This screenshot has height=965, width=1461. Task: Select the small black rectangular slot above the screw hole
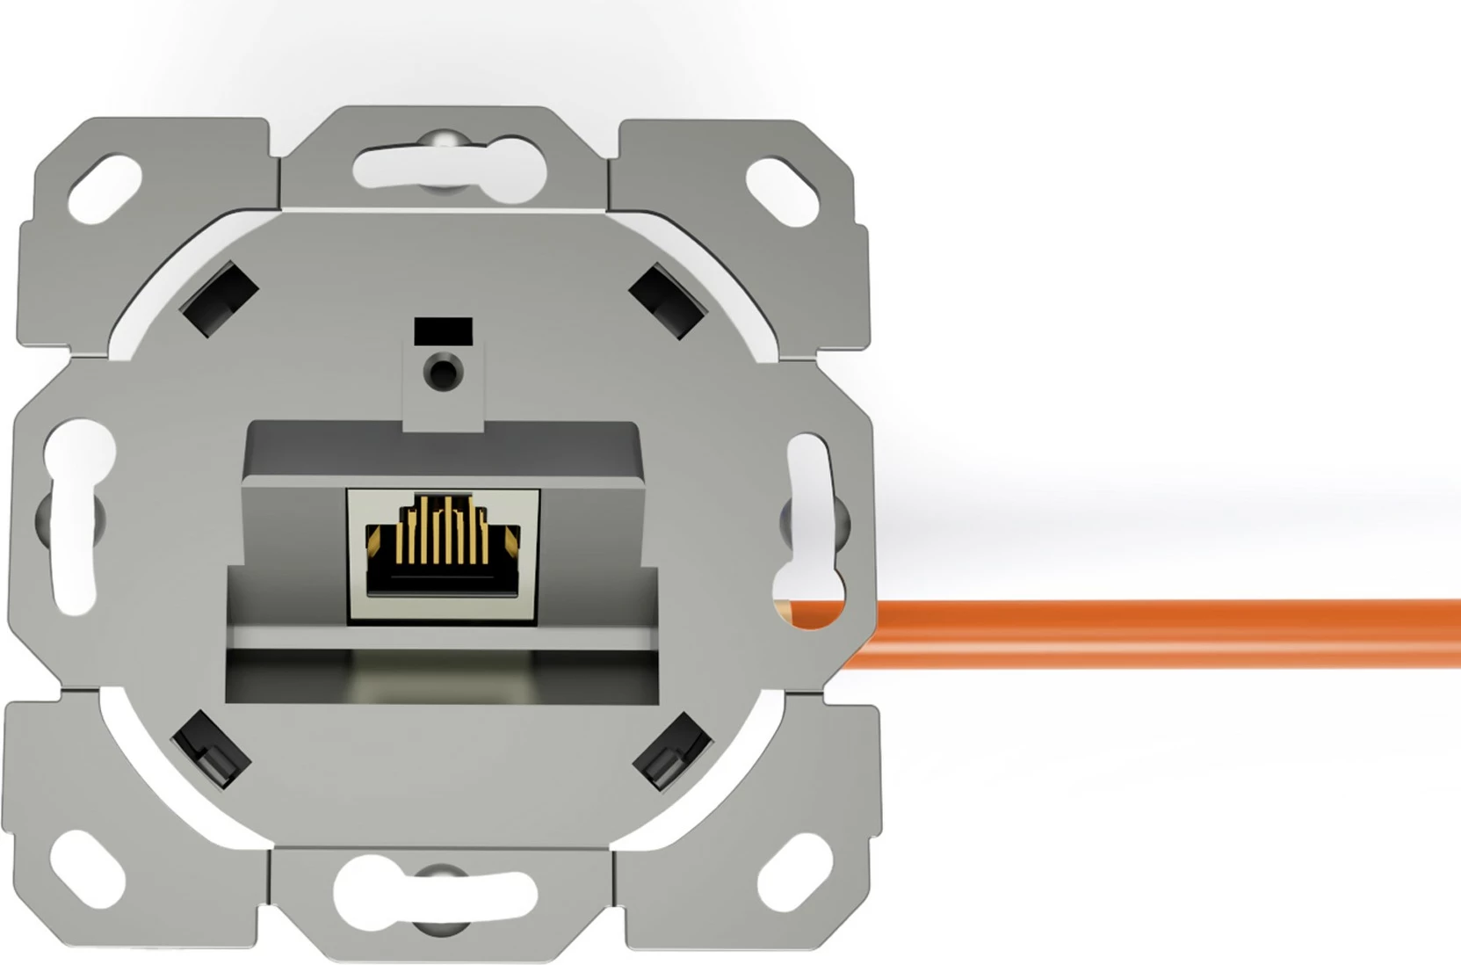click(x=443, y=330)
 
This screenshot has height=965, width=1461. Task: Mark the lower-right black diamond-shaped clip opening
click(x=672, y=750)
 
